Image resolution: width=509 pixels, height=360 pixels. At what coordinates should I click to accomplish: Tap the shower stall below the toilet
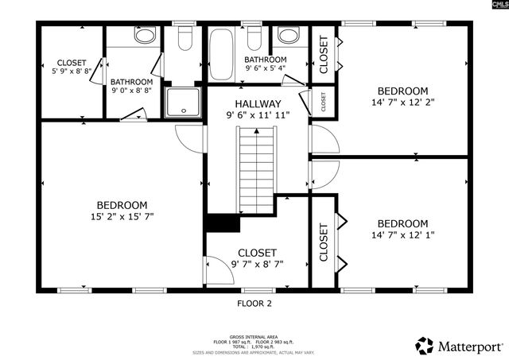tap(184, 103)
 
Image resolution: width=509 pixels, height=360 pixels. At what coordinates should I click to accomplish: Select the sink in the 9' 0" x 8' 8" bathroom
tap(145, 36)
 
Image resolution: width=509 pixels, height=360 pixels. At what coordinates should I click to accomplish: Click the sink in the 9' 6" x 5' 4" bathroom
tap(288, 36)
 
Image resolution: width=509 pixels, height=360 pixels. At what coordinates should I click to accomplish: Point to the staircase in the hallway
tap(256, 170)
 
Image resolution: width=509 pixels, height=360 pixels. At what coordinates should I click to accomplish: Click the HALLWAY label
tap(258, 104)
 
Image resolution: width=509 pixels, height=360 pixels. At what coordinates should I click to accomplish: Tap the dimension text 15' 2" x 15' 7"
tap(122, 216)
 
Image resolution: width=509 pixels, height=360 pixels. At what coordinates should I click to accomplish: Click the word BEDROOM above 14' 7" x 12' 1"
tap(402, 223)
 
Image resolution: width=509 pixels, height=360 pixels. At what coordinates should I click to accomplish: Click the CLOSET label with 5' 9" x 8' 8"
tap(72, 63)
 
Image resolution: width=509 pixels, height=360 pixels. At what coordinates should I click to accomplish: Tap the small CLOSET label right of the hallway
tap(324, 101)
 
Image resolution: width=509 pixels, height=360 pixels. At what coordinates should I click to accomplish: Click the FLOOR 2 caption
tap(254, 303)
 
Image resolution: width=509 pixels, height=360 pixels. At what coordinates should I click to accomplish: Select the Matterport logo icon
tap(425, 346)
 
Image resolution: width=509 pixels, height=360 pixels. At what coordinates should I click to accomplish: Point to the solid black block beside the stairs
tap(222, 223)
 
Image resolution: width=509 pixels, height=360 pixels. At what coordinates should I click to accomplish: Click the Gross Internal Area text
tap(254, 337)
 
